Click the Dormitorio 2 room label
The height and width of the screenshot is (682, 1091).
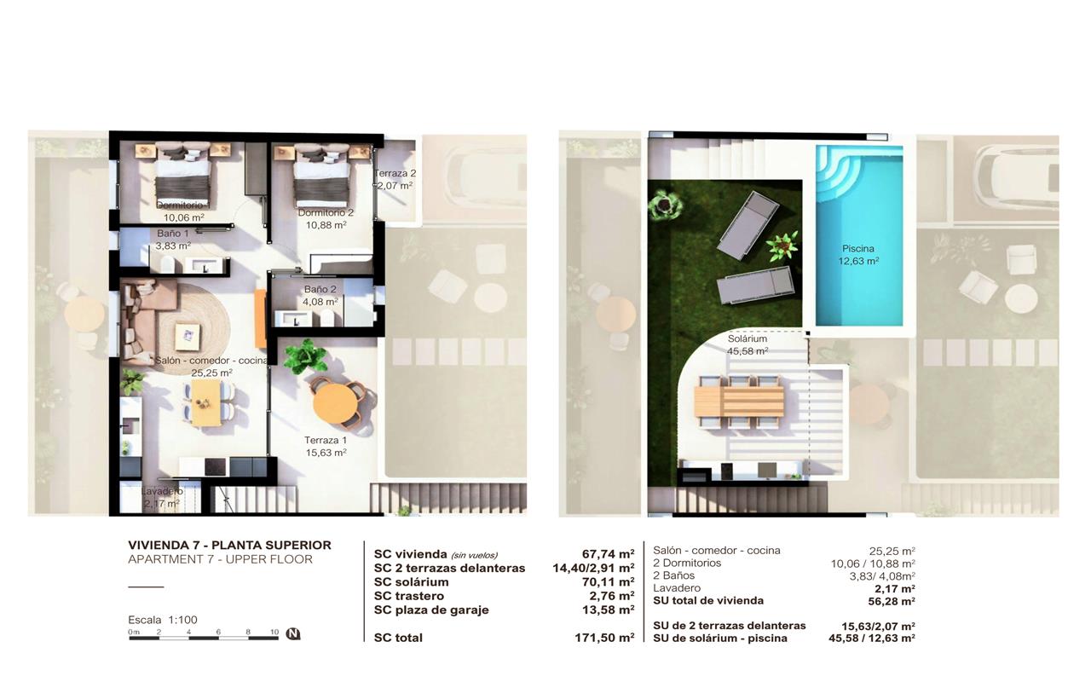pos(326,213)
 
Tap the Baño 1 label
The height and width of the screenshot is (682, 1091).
pos(172,234)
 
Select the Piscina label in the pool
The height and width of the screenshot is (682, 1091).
pos(858,248)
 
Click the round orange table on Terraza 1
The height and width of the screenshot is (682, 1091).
pos(335,403)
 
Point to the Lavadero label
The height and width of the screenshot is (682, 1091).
pos(162,492)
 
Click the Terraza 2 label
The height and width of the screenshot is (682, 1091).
pos(395,173)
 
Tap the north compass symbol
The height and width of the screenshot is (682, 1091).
pos(292,633)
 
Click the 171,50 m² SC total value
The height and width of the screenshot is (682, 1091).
pos(604,638)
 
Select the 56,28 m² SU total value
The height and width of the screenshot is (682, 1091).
pos(892,602)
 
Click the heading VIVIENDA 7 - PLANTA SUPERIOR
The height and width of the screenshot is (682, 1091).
pos(229,545)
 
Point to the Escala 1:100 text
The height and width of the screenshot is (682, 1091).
pos(163,620)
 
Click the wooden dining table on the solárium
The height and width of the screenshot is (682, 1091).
pos(739,402)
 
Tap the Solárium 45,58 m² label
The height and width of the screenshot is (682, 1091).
pos(748,344)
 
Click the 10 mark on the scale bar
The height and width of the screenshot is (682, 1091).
pos(274,632)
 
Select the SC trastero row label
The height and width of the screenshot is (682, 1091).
pos(409,596)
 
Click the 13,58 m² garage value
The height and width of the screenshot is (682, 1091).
pos(609,610)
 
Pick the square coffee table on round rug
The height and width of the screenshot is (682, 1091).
pos(188,337)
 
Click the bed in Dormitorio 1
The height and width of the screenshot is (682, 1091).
pos(182,176)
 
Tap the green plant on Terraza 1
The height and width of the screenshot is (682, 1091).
pos(305,356)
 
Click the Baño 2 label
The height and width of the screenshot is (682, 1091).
pos(320,289)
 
